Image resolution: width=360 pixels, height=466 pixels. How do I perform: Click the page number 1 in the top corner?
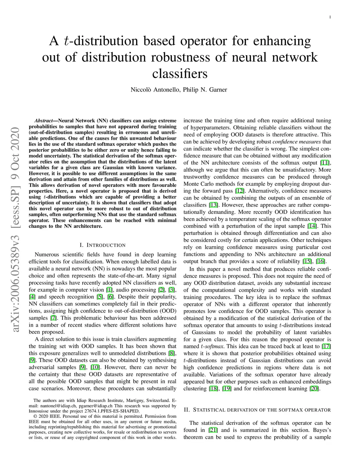[x=330, y=17]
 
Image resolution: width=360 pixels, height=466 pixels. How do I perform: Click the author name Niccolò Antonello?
[x=155, y=90]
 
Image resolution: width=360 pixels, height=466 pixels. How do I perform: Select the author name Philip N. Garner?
[x=205, y=90]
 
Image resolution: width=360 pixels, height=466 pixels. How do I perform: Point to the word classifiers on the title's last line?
[x=180, y=74]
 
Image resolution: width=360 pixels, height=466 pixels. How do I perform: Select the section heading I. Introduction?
[x=102, y=245]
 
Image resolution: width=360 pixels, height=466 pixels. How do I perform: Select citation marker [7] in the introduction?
[x=53, y=318]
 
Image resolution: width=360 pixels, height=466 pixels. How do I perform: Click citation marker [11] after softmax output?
[x=326, y=163]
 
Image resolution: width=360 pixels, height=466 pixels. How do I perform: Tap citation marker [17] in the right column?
[x=326, y=346]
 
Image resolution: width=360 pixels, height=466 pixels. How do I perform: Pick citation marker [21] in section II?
[x=213, y=430]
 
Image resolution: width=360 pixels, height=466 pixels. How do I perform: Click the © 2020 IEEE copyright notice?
[x=49, y=416]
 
